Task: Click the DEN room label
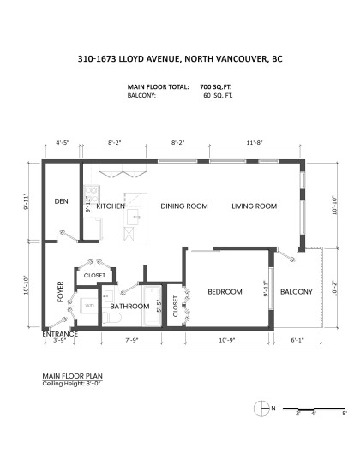point(61,202)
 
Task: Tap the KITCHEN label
point(111,206)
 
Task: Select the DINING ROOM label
point(185,206)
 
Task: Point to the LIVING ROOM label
point(254,206)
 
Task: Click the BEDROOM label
point(225,292)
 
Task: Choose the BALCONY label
point(297,292)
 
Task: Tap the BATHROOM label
point(130,307)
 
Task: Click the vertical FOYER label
point(61,291)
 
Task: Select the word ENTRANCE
point(61,333)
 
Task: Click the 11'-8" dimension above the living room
point(255,143)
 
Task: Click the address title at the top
point(180,62)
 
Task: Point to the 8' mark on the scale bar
point(344,413)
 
